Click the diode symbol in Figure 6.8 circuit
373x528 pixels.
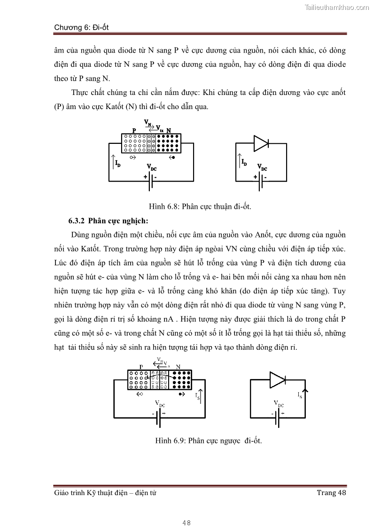261,143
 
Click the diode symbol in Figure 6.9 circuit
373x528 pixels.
277,379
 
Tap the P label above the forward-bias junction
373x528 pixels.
134,130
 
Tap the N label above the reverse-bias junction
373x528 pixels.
178,367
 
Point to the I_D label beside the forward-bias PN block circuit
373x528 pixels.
117,163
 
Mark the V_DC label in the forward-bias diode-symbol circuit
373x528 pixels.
262,167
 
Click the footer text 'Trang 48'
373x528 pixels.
331,492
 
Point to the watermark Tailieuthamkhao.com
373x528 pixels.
337,7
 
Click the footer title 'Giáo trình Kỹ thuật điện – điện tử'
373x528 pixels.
105,492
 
